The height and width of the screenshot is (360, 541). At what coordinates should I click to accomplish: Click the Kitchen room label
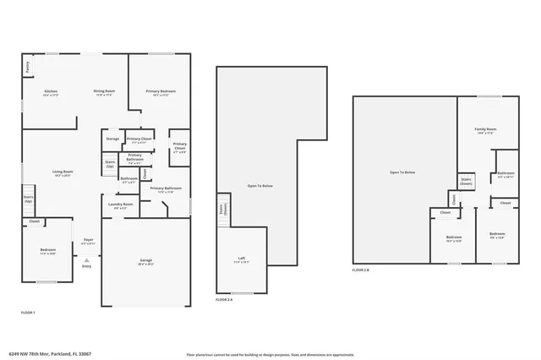point(51,91)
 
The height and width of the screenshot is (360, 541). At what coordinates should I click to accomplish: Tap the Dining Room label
point(105,91)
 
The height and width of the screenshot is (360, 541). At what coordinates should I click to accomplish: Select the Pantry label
point(26,66)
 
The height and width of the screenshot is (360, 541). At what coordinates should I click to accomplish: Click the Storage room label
point(112,139)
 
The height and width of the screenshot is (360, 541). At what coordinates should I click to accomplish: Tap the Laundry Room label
point(121,205)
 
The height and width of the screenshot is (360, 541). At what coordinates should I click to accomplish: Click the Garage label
point(146,260)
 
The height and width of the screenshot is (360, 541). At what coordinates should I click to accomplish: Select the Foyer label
point(87,240)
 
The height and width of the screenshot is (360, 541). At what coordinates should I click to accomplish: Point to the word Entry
point(86,267)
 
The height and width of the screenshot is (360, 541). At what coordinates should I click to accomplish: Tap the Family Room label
point(484,129)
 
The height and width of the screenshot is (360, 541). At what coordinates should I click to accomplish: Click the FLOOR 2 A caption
point(224,299)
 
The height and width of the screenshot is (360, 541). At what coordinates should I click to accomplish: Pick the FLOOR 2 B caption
point(362,270)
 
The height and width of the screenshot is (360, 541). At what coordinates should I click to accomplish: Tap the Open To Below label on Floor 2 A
point(260,185)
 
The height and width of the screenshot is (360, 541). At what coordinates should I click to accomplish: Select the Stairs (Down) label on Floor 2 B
point(466,181)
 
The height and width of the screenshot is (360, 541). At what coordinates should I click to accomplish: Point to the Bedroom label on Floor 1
point(47,250)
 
